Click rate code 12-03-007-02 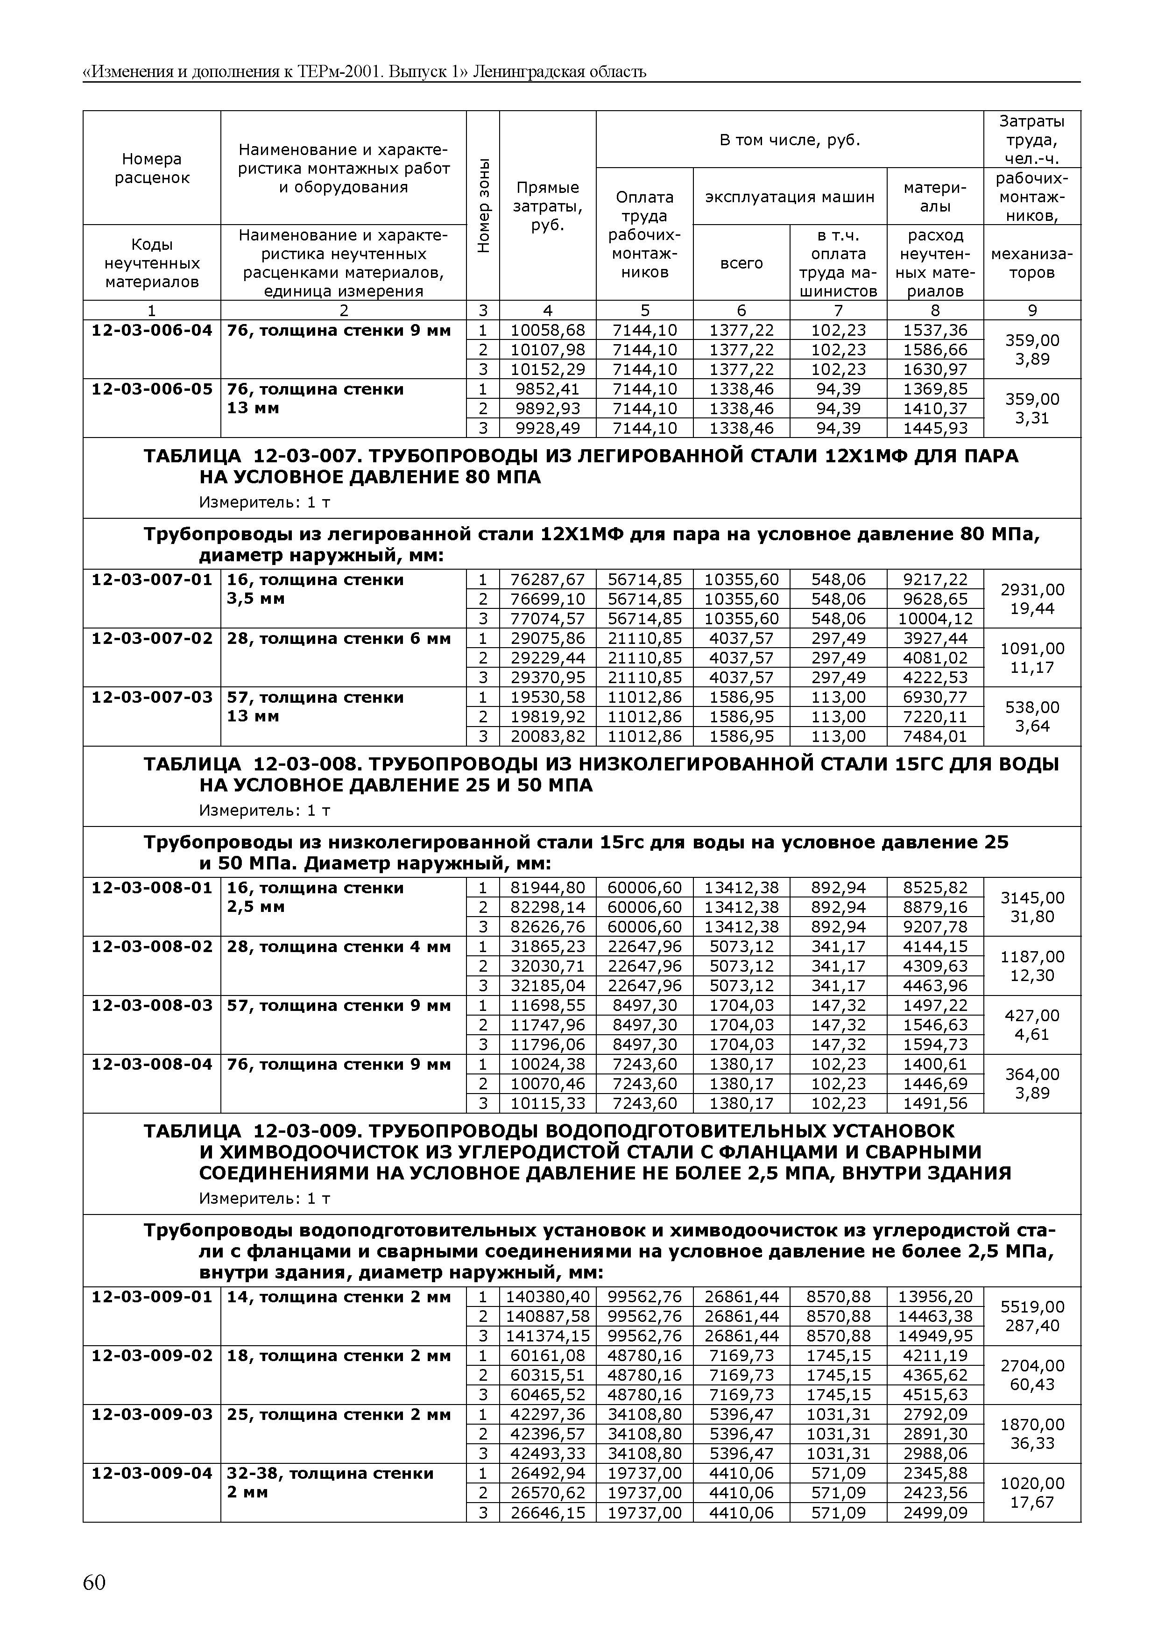[x=152, y=638]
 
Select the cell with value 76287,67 [x=547, y=579]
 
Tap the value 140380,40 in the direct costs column [x=547, y=1297]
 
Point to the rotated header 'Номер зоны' [x=483, y=205]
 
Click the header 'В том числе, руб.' [x=789, y=140]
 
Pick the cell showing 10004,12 [x=935, y=619]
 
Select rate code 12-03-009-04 [x=152, y=1473]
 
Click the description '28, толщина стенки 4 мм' [x=339, y=946]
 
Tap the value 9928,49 [x=547, y=428]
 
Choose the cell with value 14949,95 [x=935, y=1335]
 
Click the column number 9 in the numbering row [x=1032, y=311]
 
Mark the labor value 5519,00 [x=1032, y=1307]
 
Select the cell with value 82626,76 [x=547, y=927]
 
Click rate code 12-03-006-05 [x=152, y=389]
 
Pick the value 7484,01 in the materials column [x=935, y=736]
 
